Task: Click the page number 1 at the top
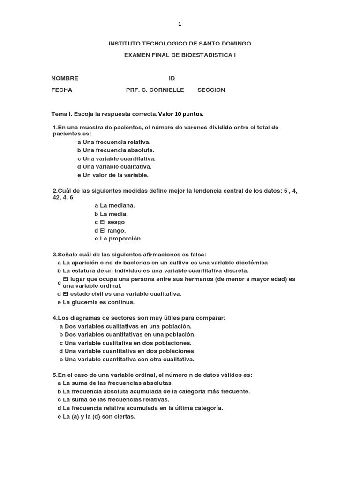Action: click(180, 24)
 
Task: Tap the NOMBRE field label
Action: click(65, 78)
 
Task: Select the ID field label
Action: click(172, 78)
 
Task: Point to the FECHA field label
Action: click(62, 90)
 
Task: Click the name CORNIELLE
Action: click(167, 90)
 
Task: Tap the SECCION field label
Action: click(211, 90)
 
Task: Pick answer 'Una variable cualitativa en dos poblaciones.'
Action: click(125, 343)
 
